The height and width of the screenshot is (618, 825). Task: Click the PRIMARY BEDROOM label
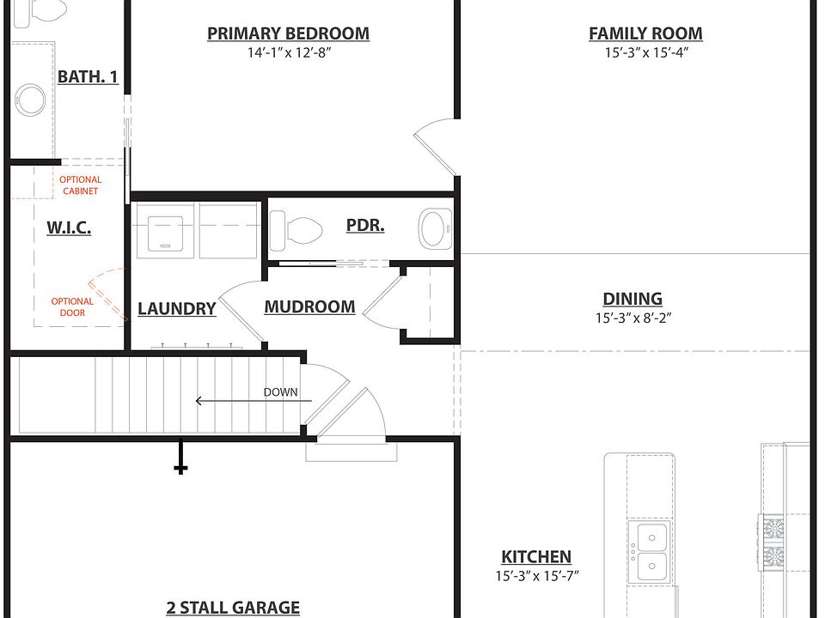[288, 34]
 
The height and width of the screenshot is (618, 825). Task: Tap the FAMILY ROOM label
[645, 34]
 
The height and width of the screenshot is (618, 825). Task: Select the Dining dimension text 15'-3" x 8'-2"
[632, 318]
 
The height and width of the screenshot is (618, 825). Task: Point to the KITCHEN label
[536, 557]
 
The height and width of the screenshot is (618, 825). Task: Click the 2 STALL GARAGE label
[233, 608]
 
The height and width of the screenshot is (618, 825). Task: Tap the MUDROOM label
[309, 306]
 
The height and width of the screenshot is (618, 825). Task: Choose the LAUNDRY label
[176, 309]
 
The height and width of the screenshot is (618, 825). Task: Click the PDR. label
[365, 226]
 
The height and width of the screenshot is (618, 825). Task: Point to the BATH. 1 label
[88, 77]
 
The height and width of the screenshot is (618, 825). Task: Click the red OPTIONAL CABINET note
[80, 185]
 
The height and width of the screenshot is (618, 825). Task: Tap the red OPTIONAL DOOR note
[72, 306]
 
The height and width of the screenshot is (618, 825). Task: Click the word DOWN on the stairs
[281, 392]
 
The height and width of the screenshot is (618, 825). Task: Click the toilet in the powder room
[296, 230]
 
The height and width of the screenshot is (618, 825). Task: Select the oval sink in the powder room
[434, 229]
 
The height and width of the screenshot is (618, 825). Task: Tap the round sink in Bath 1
[31, 100]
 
